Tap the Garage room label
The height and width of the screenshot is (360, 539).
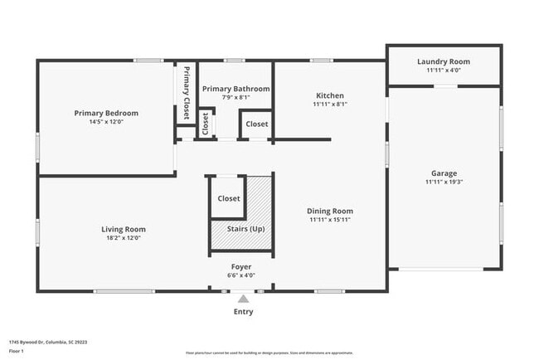(444, 173)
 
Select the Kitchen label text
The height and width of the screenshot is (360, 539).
(329, 95)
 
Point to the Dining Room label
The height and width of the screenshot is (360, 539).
(330, 212)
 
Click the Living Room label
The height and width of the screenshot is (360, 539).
(124, 229)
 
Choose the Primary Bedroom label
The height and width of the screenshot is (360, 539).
(106, 113)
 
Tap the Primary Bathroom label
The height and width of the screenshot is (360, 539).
(236, 89)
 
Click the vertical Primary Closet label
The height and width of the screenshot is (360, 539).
(187, 93)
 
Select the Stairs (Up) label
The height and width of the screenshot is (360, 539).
(240, 228)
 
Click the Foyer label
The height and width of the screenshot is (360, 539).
(241, 266)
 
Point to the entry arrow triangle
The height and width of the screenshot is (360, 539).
(243, 299)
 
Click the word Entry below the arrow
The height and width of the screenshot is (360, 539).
(243, 312)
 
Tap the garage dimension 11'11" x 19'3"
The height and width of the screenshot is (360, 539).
(444, 182)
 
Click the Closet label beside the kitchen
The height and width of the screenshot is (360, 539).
(257, 124)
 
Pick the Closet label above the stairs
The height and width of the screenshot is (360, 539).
(229, 199)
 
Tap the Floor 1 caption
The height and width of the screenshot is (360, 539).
(17, 351)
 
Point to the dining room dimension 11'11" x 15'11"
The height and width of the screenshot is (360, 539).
(330, 220)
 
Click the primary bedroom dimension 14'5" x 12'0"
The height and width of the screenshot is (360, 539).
(105, 122)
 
